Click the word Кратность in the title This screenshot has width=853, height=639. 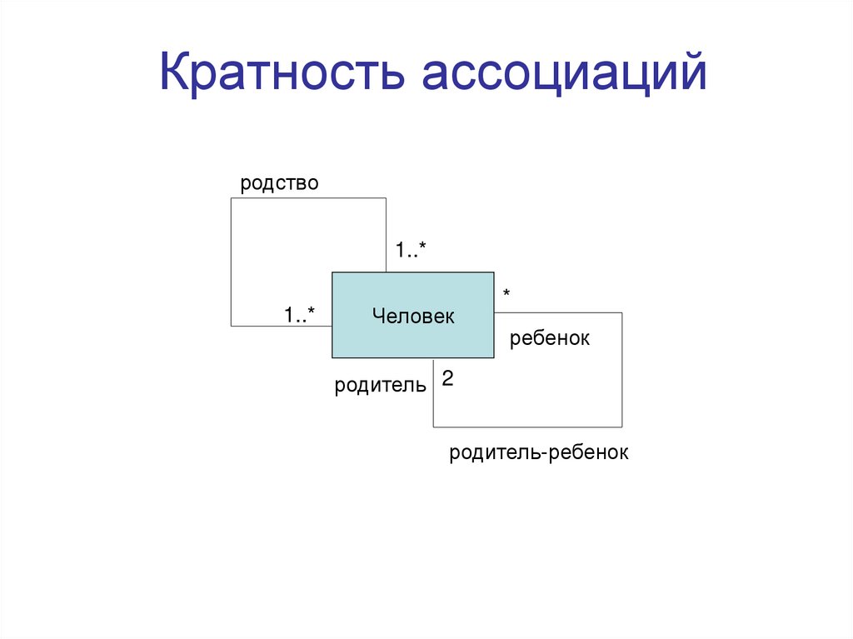(283, 73)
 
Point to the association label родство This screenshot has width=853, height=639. (279, 183)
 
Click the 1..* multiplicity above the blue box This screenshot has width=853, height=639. (411, 249)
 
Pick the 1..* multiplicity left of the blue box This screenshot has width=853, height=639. (299, 315)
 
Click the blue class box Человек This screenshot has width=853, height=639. (413, 315)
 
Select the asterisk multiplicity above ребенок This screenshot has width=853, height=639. (506, 294)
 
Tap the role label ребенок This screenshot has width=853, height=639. (550, 338)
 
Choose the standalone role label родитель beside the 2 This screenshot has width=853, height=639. (381, 385)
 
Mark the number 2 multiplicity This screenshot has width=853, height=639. (447, 379)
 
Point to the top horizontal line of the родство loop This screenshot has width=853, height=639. (308, 198)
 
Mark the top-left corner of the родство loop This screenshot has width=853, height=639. (231, 198)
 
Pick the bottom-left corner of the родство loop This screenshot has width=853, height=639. (231, 325)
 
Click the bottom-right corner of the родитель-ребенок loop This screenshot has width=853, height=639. (621, 427)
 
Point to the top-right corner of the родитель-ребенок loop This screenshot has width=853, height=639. (621, 312)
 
